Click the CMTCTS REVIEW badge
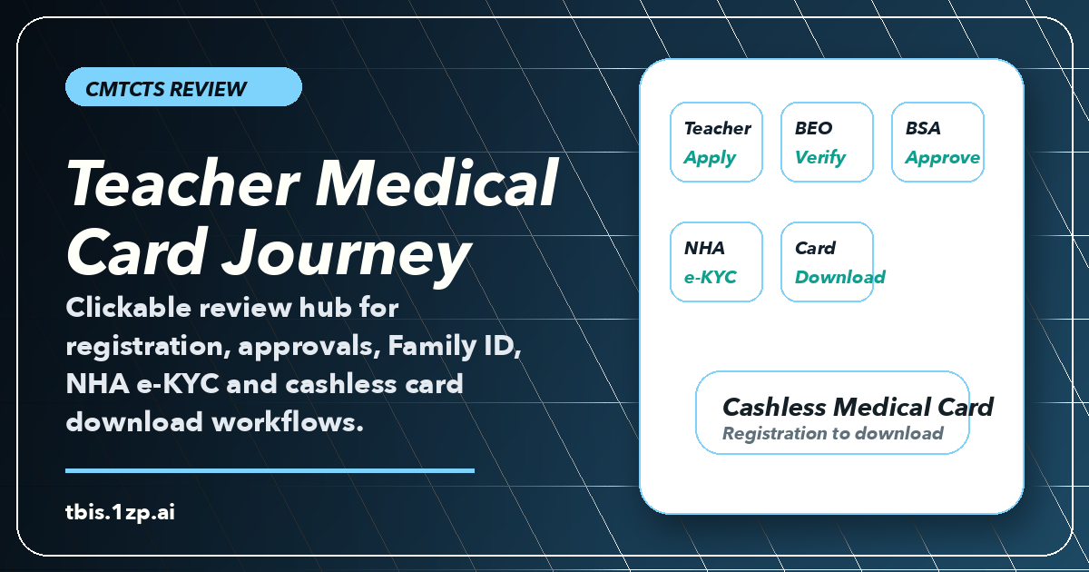(x=183, y=87)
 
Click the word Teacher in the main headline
(x=183, y=183)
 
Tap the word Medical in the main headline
(x=437, y=183)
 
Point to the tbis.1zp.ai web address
(x=120, y=512)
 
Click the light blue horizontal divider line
(x=270, y=471)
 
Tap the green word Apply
(x=710, y=158)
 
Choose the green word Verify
(x=820, y=157)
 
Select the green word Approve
(x=942, y=158)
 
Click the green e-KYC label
(x=710, y=277)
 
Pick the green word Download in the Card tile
(x=840, y=277)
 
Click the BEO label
(x=813, y=128)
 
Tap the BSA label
(x=923, y=128)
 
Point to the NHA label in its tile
(x=704, y=248)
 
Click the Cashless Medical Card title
(x=858, y=407)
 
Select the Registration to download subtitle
(x=833, y=433)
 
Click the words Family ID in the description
(x=454, y=346)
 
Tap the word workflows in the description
(x=288, y=421)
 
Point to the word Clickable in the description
(x=129, y=308)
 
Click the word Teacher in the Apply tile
(x=718, y=128)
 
